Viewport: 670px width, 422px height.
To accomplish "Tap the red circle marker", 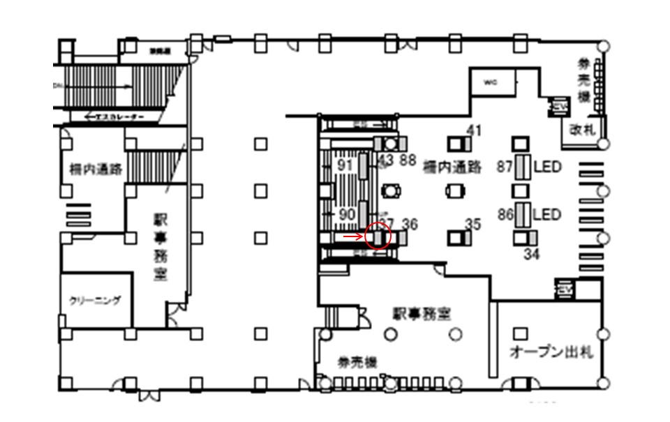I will [x=378, y=236].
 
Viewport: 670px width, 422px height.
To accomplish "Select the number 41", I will [x=475, y=130].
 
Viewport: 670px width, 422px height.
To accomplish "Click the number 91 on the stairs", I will [x=345, y=165].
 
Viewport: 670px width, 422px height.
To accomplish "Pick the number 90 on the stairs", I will [x=346, y=214].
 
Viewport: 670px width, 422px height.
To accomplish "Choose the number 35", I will [x=473, y=224].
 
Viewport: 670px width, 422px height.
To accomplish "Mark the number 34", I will [x=532, y=254].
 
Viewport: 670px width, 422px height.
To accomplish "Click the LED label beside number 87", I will [x=547, y=167].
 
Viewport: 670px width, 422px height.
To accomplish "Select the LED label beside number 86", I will [x=547, y=214].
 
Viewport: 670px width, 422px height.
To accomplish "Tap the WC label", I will [x=490, y=82].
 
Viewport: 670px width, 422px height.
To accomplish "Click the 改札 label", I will [x=580, y=130].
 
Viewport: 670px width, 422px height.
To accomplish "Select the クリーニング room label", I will [x=95, y=301].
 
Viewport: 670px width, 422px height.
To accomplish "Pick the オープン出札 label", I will [x=551, y=352].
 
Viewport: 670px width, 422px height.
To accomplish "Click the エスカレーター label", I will [x=114, y=117].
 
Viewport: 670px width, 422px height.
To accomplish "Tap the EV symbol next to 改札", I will [x=558, y=106].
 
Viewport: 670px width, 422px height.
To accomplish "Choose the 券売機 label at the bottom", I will [x=358, y=362].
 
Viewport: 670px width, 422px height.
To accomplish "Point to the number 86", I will [x=505, y=214].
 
